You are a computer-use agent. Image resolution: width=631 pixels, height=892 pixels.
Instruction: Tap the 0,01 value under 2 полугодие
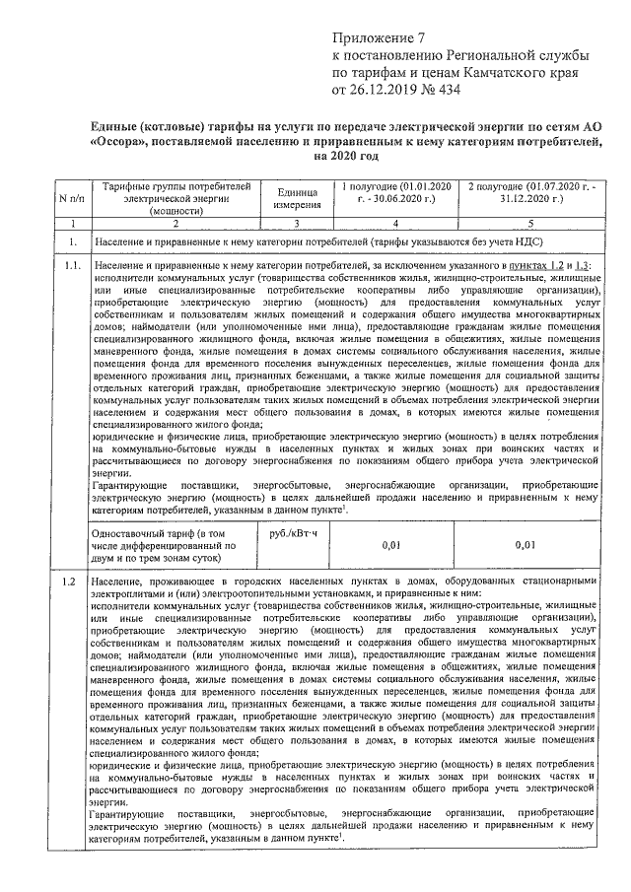coord(525,543)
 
